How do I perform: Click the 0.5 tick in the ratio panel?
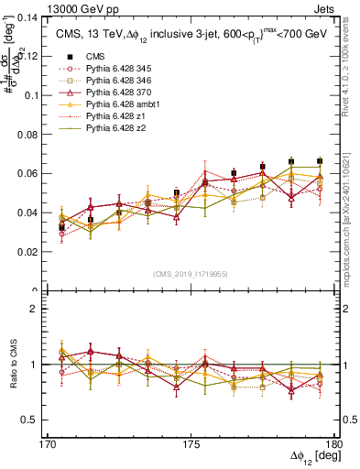(x=39, y=420)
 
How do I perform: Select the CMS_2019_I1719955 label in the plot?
(x=191, y=273)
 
